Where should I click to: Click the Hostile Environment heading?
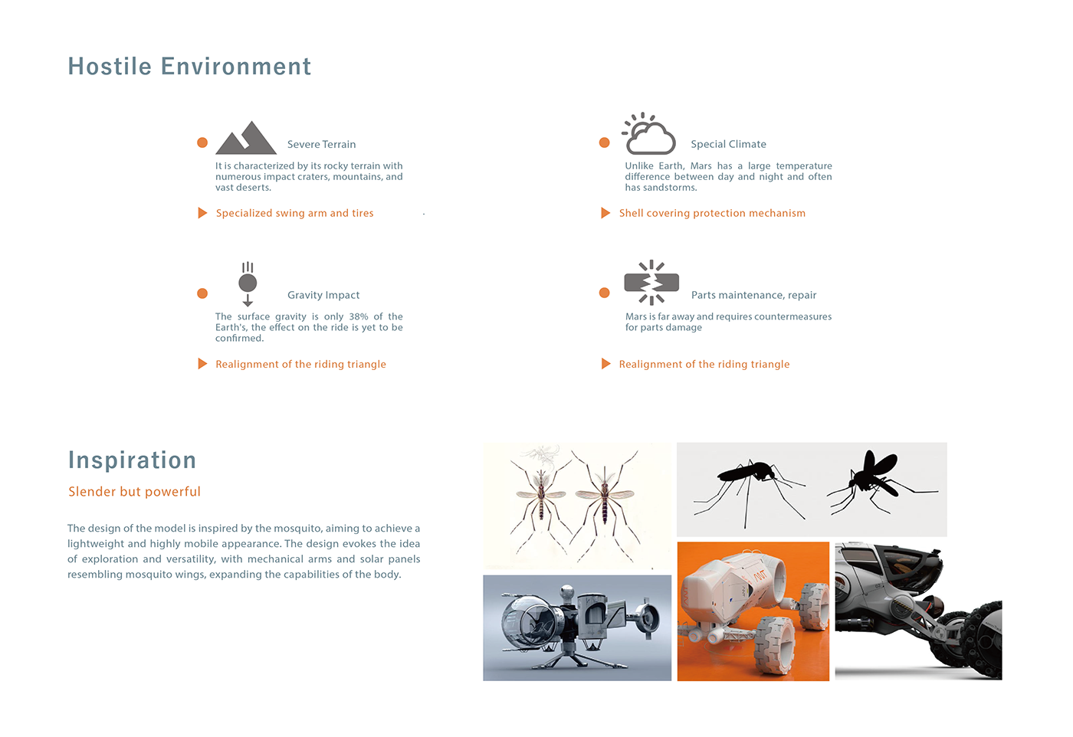click(189, 67)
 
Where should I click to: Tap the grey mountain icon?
click(245, 139)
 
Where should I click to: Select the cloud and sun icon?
click(649, 135)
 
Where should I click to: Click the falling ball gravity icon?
click(248, 283)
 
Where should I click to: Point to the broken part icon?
click(651, 283)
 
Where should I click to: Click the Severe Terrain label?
click(321, 144)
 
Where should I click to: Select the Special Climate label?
click(728, 144)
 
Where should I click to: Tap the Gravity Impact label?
click(323, 295)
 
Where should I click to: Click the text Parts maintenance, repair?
click(753, 295)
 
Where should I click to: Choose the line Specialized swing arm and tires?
click(294, 213)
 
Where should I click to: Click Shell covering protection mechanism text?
click(712, 213)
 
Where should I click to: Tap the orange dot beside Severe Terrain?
click(202, 142)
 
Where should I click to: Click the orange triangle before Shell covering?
click(605, 213)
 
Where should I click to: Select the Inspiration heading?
click(132, 460)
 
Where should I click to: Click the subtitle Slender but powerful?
click(134, 492)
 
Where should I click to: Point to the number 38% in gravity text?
click(359, 316)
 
